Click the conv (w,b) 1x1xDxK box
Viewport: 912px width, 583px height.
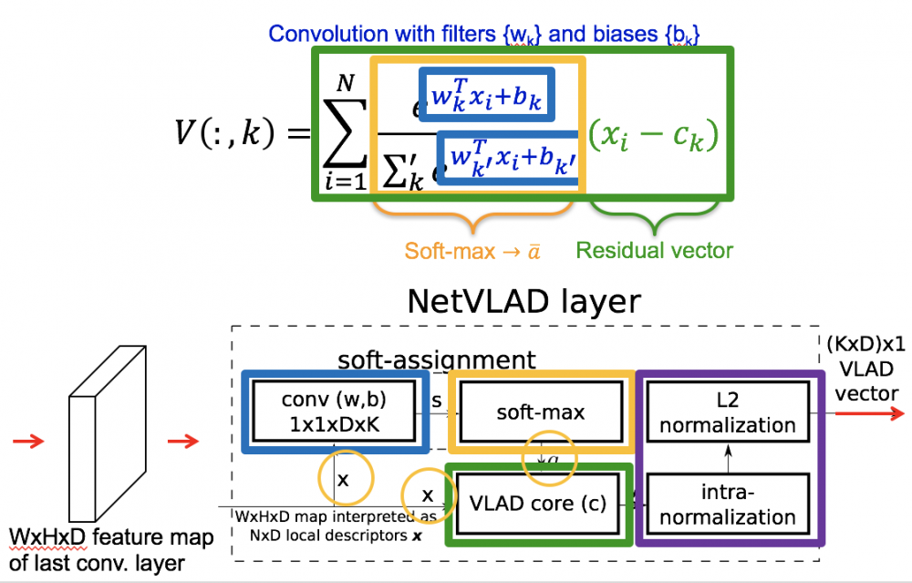(x=335, y=412)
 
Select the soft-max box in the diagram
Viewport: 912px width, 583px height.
(x=541, y=412)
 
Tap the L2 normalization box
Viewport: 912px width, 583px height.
(x=728, y=412)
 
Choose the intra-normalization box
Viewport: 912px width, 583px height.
(x=728, y=505)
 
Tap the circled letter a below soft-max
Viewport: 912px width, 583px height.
(x=549, y=462)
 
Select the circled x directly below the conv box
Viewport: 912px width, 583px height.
(x=343, y=477)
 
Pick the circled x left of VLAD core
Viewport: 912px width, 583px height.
(x=427, y=495)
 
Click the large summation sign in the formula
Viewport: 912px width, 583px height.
(x=345, y=129)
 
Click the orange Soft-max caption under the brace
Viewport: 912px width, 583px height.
(x=472, y=250)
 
